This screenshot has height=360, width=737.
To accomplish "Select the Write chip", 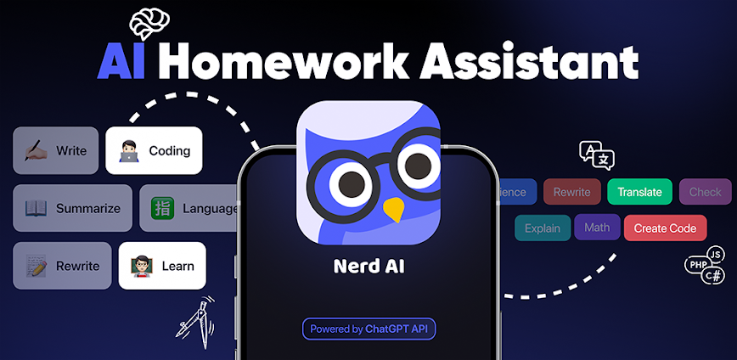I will pyautogui.click(x=56, y=151).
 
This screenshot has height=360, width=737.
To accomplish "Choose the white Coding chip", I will pyautogui.click(x=154, y=151).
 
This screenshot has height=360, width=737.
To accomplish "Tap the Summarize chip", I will pyautogui.click(x=73, y=208).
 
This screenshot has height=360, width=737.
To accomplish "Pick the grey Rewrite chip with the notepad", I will pyautogui.click(x=62, y=266).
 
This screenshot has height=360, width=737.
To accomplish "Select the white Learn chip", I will pyautogui.click(x=162, y=266).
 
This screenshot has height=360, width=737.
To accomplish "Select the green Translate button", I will pyautogui.click(x=639, y=192).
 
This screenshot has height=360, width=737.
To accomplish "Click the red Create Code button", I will pyautogui.click(x=665, y=228).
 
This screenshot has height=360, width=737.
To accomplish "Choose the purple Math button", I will pyautogui.click(x=597, y=228).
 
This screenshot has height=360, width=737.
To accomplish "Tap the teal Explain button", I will pyautogui.click(x=543, y=228).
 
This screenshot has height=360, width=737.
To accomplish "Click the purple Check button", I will pyautogui.click(x=705, y=192).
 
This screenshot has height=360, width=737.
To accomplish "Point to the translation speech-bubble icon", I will pyautogui.click(x=597, y=155).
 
